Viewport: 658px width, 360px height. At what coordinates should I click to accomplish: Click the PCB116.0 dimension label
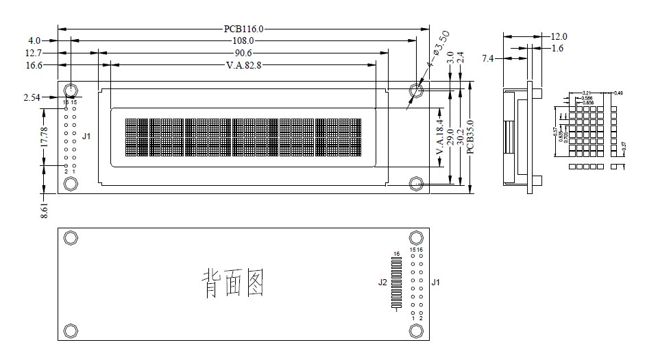[x=243, y=29]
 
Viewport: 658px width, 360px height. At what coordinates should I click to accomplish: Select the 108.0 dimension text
[x=244, y=40]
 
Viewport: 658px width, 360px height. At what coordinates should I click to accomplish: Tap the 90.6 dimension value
[x=243, y=53]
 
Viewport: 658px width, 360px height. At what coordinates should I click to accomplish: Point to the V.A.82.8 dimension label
[x=243, y=65]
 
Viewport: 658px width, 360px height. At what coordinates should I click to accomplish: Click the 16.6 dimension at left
[x=34, y=65]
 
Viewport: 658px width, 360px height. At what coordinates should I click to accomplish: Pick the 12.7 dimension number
[x=34, y=53]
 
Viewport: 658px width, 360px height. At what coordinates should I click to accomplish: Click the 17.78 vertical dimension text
[x=44, y=137]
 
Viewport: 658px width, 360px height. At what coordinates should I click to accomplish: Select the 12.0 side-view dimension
[x=559, y=36]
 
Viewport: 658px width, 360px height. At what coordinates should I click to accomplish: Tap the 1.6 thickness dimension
[x=557, y=48]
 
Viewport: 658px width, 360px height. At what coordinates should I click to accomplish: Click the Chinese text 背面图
[x=233, y=283]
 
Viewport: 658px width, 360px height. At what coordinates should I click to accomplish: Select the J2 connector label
[x=382, y=282]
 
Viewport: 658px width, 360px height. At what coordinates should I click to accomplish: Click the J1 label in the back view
[x=435, y=282]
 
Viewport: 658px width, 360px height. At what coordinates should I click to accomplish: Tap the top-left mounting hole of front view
[x=71, y=90]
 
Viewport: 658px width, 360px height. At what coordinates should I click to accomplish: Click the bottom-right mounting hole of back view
[x=415, y=331]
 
